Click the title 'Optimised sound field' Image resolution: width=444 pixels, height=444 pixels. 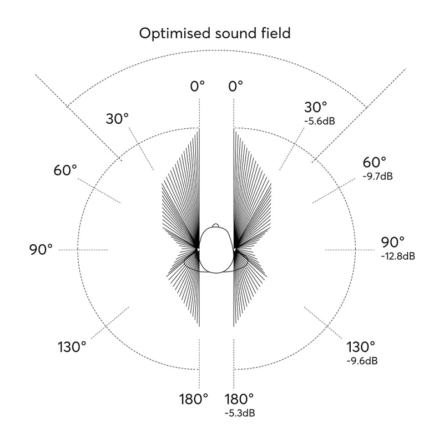[x=215, y=33]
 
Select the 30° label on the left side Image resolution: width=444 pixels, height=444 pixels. [x=117, y=118]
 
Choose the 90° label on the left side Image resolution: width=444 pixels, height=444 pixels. [x=41, y=249]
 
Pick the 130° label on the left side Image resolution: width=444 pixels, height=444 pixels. [x=72, y=347]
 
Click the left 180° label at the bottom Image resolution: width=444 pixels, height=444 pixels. [x=194, y=398]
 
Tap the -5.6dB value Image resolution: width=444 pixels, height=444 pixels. [x=320, y=120]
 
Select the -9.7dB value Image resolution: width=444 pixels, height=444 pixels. [x=377, y=176]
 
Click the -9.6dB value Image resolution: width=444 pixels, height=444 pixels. [x=361, y=361]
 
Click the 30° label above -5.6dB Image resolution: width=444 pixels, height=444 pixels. [x=316, y=107]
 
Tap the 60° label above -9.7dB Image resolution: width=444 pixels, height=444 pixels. [x=375, y=163]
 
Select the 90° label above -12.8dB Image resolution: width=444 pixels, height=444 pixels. [x=393, y=243]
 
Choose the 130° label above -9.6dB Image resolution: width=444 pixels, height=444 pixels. [x=361, y=347]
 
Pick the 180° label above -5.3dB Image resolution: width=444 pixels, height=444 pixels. [x=239, y=398]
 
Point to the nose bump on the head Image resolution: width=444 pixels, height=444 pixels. [x=216, y=226]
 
